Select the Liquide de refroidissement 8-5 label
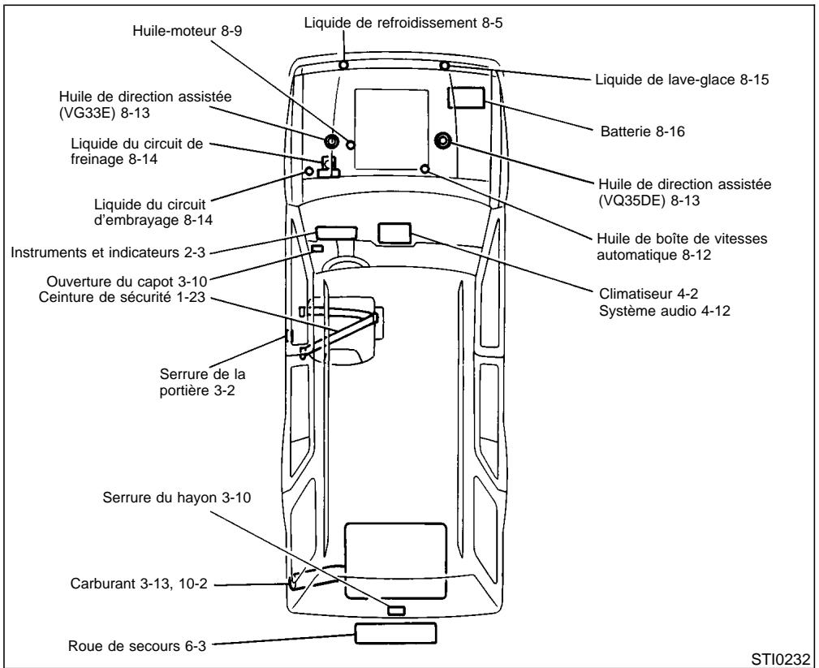click(403, 24)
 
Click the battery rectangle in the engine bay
click(468, 98)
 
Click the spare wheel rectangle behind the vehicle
click(394, 632)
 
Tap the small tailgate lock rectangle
click(396, 610)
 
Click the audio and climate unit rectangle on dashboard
click(395, 231)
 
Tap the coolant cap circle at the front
click(344, 64)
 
